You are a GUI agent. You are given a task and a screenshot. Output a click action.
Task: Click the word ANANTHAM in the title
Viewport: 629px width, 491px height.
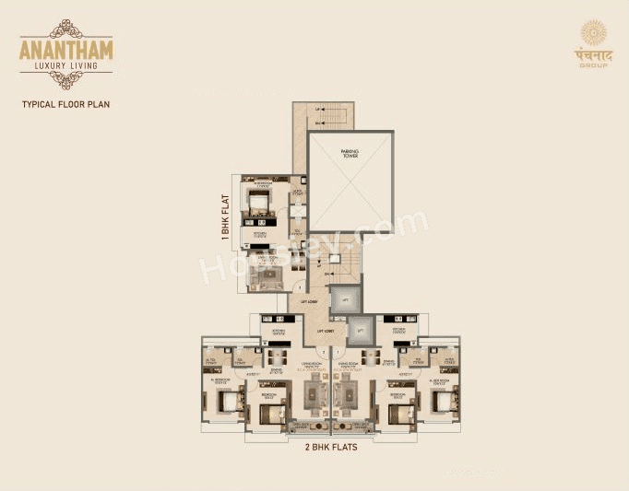point(65,49)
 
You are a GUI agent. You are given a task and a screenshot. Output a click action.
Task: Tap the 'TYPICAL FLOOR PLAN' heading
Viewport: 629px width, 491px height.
point(65,104)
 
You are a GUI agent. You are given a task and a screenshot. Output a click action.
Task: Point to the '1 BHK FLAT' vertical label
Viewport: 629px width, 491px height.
point(225,216)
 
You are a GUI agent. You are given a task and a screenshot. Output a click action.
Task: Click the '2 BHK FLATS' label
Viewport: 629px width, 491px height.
point(331,449)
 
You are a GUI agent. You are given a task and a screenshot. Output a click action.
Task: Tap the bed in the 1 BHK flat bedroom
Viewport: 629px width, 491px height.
point(259,200)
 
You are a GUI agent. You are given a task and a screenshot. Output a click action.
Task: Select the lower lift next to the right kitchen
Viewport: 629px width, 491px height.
point(361,329)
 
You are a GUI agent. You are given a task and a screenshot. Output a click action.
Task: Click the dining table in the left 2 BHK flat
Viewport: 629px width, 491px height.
point(276,360)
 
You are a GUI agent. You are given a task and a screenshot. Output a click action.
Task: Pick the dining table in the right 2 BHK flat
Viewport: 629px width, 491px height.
point(371,360)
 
